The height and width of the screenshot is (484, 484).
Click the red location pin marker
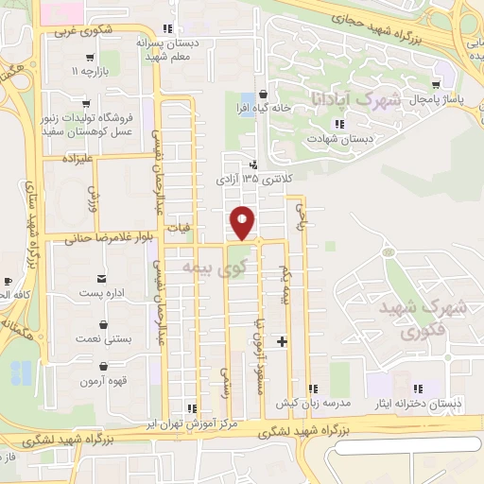pyautogui.click(x=243, y=223)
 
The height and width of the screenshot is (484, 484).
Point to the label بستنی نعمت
pyautogui.click(x=102, y=337)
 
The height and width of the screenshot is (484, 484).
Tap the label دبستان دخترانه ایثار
pyautogui.click(x=431, y=404)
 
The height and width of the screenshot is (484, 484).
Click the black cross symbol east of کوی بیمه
pyautogui.click(x=282, y=339)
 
